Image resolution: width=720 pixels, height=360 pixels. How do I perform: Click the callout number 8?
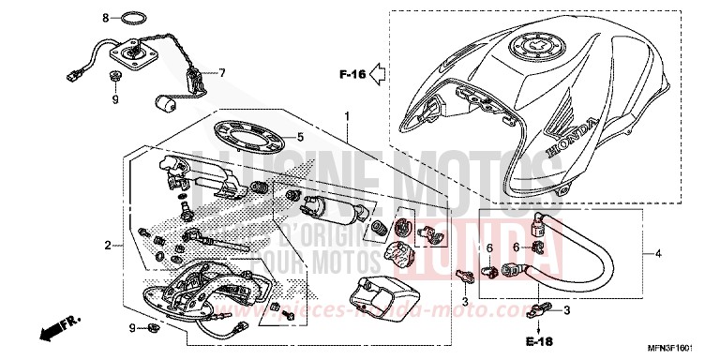click(106, 18)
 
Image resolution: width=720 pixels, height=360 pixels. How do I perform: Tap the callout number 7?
click(223, 72)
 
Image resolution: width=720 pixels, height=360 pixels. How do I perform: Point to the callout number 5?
click(300, 136)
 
